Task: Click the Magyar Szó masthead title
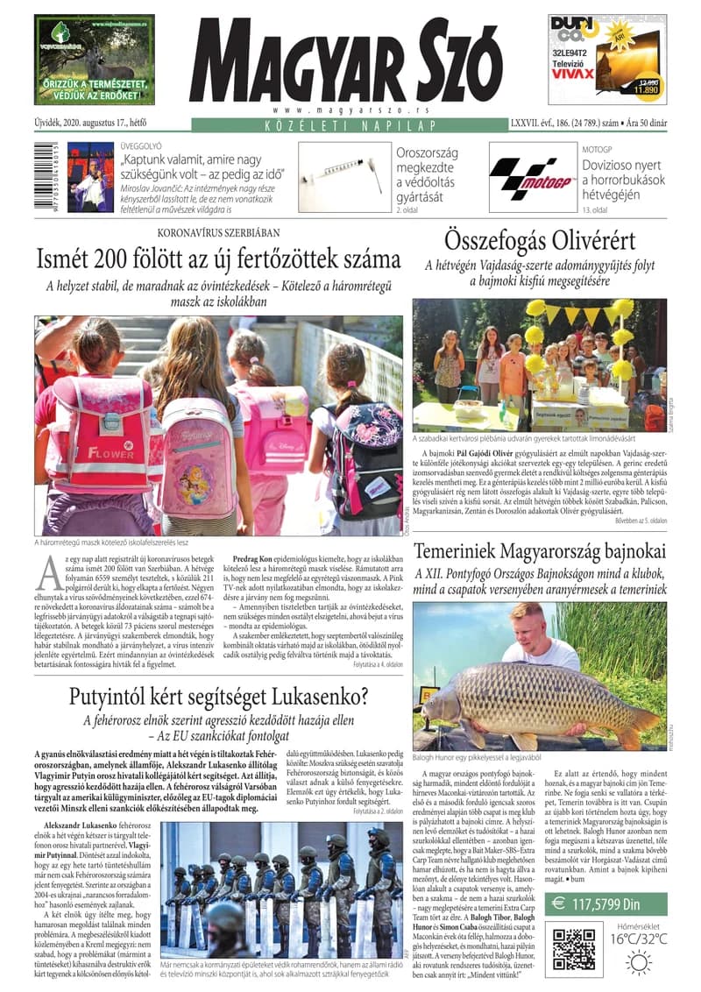pyautogui.click(x=350, y=61)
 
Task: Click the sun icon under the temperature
pyautogui.click(x=638, y=962)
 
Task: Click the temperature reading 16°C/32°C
pyautogui.click(x=638, y=939)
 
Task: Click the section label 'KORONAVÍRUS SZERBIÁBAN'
pyautogui.click(x=218, y=232)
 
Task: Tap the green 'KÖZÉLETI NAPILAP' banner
pyautogui.click(x=350, y=128)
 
